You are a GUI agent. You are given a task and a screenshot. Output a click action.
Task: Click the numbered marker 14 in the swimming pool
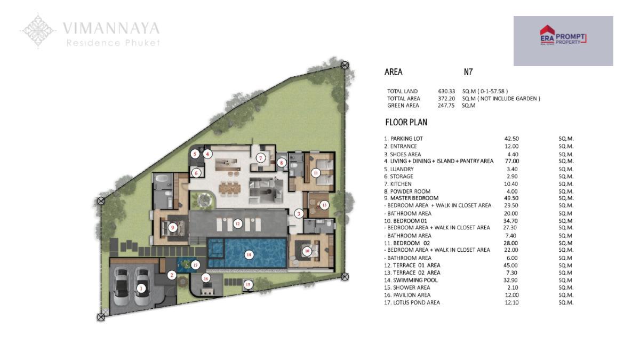tap(249, 255)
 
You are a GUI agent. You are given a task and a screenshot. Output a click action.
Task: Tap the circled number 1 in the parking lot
tap(141, 289)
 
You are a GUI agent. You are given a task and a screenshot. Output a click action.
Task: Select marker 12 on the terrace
tap(238, 223)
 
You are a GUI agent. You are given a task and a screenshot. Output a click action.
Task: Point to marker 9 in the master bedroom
tap(172, 228)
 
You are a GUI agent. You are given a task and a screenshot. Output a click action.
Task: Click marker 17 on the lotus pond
tap(195, 265)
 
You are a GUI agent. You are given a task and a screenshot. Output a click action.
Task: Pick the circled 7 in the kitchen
tap(261, 158)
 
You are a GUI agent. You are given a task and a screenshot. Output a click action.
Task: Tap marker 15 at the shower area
tap(248, 285)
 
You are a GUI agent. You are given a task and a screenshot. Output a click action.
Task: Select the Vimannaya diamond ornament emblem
tap(38, 31)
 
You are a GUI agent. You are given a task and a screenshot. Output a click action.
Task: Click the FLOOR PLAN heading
tap(406, 122)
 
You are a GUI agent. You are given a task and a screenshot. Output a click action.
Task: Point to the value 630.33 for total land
tap(446, 91)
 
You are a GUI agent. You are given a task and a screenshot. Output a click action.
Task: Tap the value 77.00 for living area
tap(511, 161)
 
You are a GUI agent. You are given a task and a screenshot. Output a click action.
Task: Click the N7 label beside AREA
tap(468, 72)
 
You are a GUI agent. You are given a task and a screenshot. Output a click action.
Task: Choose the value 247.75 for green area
tap(446, 106)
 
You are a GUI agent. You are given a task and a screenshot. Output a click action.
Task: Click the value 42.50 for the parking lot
tap(511, 139)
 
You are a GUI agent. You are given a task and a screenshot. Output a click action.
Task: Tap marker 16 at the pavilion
tap(206, 278)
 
